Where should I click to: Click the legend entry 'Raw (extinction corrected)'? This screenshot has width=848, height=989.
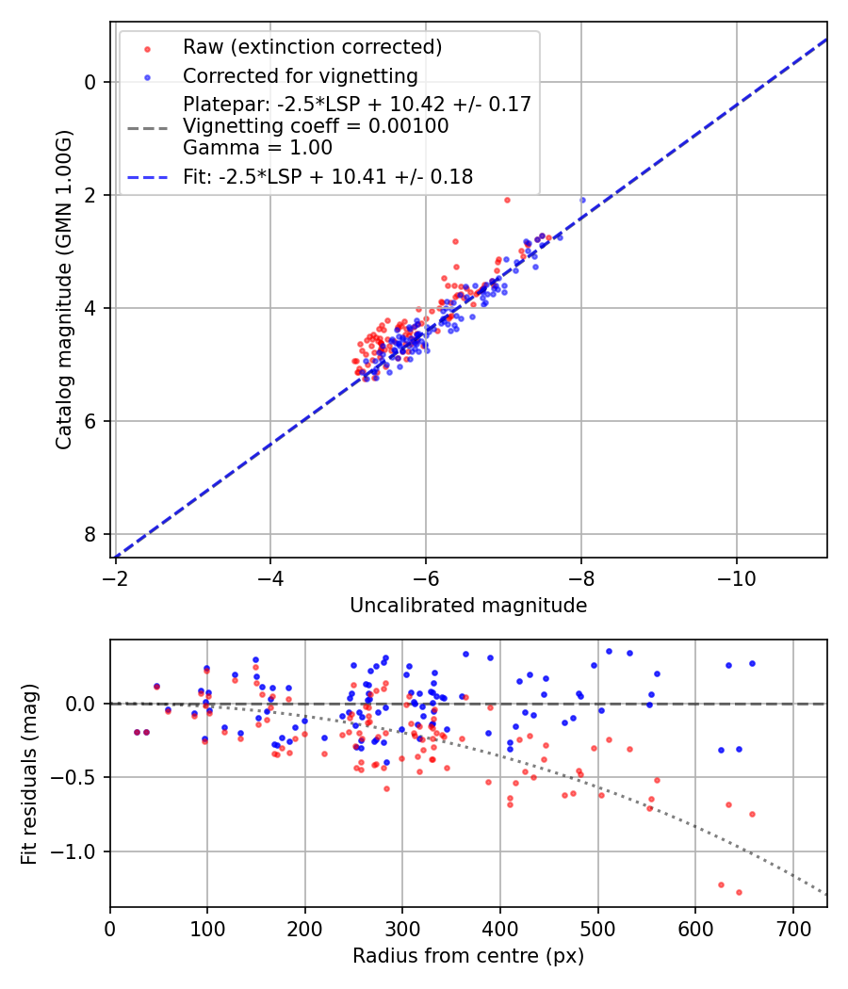312,47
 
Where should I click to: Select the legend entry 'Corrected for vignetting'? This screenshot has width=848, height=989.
301,75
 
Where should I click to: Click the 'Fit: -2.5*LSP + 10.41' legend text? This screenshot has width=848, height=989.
328,176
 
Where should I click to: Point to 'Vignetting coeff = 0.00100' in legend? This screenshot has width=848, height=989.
316,125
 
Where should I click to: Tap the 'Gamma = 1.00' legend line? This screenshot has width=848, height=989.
257,147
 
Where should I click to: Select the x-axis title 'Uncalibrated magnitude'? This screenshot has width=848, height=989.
468,606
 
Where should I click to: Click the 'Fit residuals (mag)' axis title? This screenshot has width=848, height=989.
29,773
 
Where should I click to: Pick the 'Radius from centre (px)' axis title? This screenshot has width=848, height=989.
468,956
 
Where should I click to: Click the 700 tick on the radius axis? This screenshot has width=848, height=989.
792,927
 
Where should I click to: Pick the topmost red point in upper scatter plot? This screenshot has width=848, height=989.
507,200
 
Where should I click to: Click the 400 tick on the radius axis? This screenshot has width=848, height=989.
500,927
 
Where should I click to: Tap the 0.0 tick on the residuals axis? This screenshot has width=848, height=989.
84,704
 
